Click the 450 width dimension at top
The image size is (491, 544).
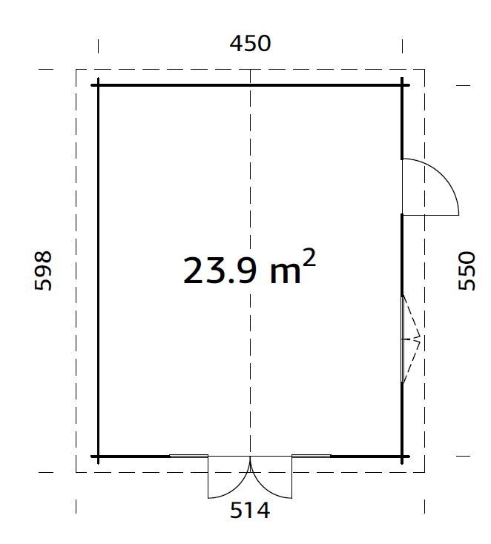[250, 44]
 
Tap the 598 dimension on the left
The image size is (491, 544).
[43, 271]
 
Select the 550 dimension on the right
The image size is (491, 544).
[467, 271]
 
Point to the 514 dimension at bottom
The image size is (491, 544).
[250, 511]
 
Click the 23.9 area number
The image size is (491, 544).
[220, 271]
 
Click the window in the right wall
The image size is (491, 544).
[403, 339]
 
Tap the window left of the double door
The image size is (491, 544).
[188, 456]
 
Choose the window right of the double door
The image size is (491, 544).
[311, 456]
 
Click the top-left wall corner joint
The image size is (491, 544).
[98, 85]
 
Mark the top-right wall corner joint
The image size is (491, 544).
[402, 85]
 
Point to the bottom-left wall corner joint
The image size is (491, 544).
[98, 457]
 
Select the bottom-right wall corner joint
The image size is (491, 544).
[402, 457]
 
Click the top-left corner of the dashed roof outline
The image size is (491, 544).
[76, 70]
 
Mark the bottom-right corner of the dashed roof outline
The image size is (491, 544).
[424, 472]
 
